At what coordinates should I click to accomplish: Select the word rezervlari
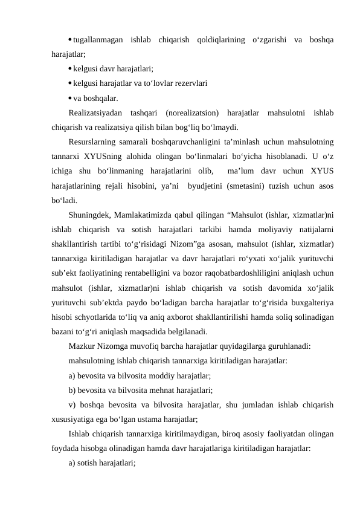190,83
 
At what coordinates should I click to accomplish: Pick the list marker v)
72,404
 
